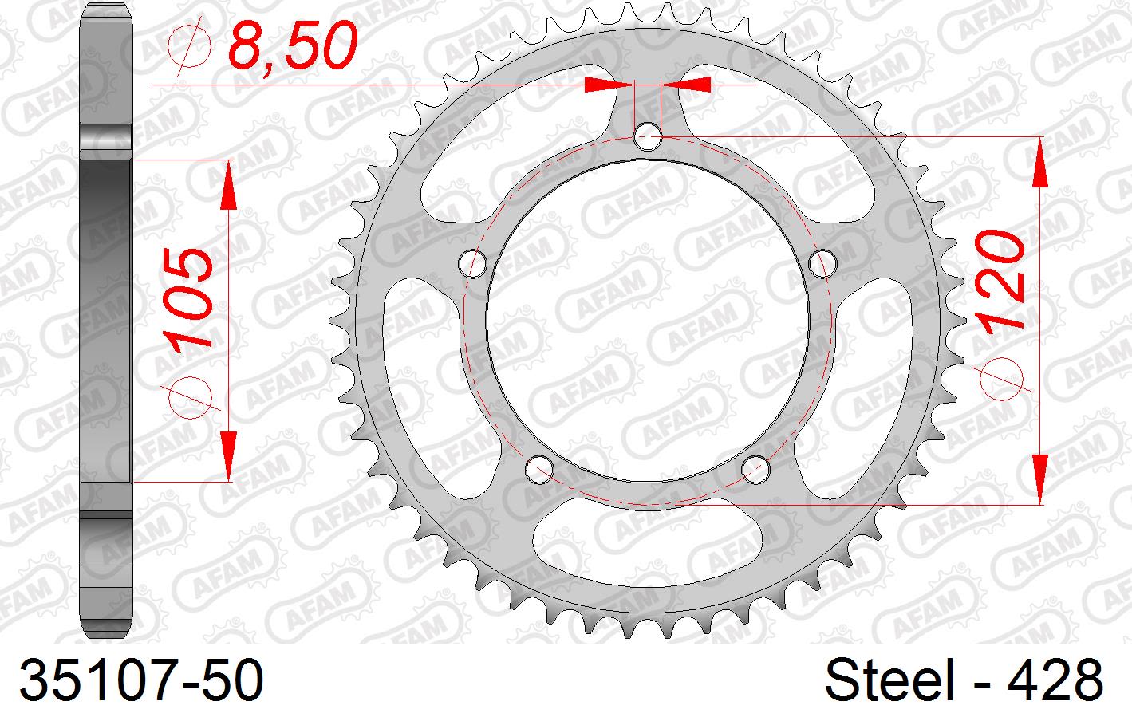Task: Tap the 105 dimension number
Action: point(192,297)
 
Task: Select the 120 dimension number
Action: point(1000,282)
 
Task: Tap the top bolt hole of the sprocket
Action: point(648,136)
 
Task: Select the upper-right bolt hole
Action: point(822,262)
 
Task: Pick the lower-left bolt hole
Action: point(540,467)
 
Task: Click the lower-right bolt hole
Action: point(755,467)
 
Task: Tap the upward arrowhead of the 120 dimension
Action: point(1040,163)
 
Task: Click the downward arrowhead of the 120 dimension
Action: point(1040,479)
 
